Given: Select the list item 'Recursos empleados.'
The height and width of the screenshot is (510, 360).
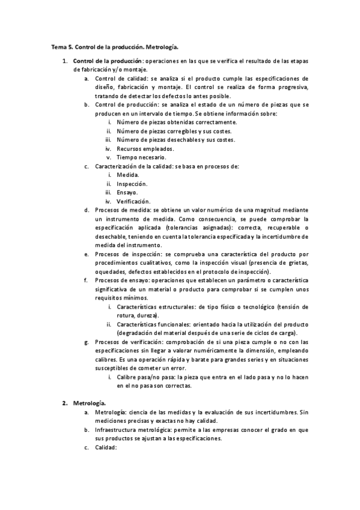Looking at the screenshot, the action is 145,149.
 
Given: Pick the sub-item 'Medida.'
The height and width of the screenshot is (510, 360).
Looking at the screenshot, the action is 128,174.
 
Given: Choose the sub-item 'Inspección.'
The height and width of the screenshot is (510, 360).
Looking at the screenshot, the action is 132,183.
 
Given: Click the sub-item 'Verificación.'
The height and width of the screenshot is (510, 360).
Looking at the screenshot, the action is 133,201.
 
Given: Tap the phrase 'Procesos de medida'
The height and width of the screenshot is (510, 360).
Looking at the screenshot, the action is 123,210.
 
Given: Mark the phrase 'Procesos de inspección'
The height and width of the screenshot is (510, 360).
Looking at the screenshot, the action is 128,254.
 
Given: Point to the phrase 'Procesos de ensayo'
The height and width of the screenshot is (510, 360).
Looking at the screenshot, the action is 122,280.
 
